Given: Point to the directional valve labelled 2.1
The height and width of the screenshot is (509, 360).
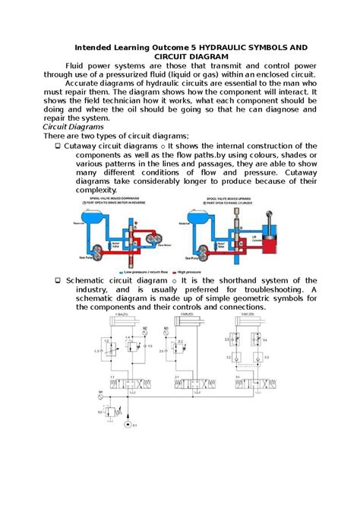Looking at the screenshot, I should pyautogui.click(x=186, y=382).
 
